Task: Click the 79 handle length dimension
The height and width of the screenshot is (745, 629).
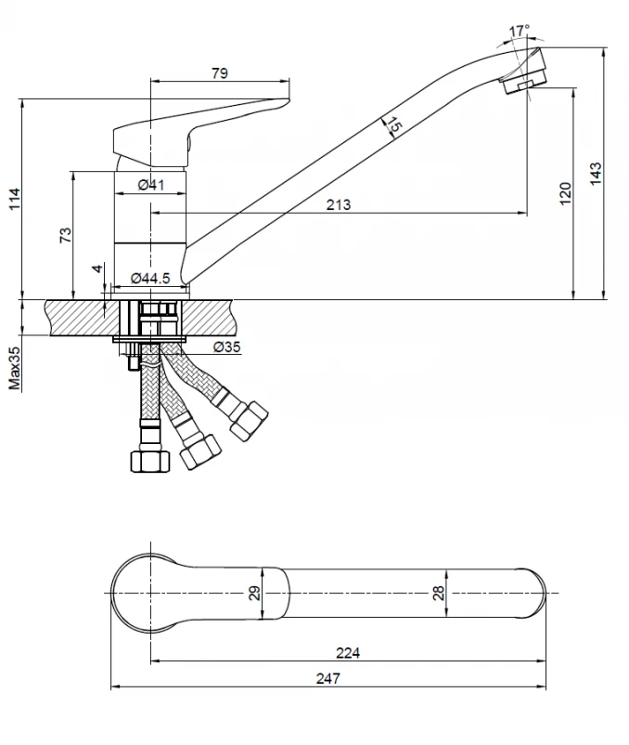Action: tap(220, 73)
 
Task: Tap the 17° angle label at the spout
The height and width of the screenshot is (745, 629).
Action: tap(519, 32)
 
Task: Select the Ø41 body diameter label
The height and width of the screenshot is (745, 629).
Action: tap(151, 184)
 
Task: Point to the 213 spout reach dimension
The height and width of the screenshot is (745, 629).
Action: tap(339, 204)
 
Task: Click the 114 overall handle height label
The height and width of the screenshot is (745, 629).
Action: tap(15, 199)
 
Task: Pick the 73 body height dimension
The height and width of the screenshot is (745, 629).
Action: tap(66, 235)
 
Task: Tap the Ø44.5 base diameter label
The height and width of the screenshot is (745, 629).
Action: tap(150, 278)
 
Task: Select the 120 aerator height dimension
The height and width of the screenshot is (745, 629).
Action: tap(565, 193)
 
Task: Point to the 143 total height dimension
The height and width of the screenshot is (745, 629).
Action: tap(596, 174)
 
